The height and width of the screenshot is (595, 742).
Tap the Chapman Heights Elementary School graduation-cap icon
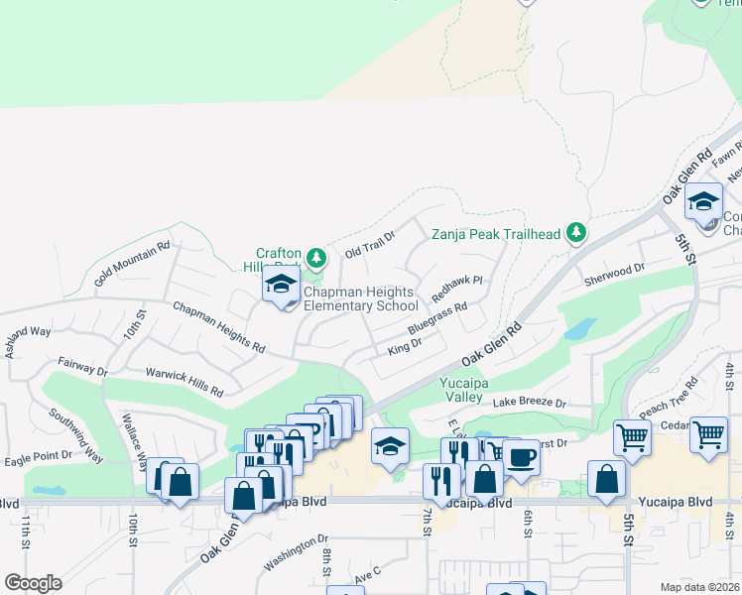coord(281,286)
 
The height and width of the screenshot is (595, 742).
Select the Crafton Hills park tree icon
coord(316,259)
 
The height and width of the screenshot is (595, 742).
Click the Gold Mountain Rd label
coord(132,265)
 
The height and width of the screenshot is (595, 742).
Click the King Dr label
coord(405,345)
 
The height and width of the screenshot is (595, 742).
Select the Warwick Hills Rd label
coord(185,383)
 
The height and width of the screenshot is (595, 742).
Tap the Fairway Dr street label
coord(82,369)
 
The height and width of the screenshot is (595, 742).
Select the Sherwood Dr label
coord(614,268)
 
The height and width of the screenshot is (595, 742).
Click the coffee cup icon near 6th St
coord(521,457)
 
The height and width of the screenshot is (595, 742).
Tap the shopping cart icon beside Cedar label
coord(707,434)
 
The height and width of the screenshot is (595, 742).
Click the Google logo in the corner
coord(34,583)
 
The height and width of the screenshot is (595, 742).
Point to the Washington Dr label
coord(296,554)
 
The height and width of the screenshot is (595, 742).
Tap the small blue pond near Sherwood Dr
coord(579,329)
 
